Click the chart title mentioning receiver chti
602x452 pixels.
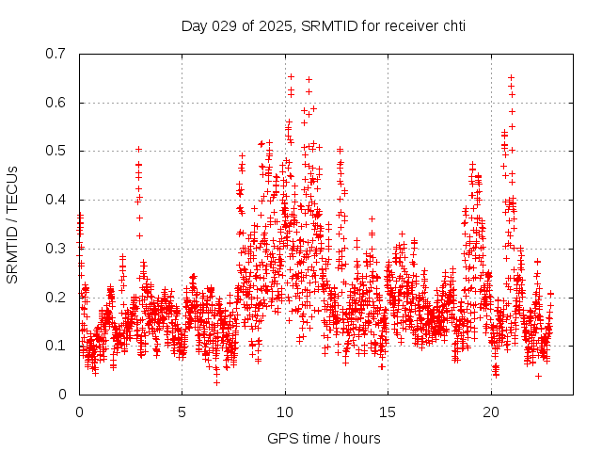pyautogui.click(x=324, y=25)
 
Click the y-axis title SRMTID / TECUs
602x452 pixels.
pyautogui.click(x=12, y=223)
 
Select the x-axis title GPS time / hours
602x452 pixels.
pyautogui.click(x=324, y=438)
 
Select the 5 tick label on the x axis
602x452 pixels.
pyautogui.click(x=182, y=412)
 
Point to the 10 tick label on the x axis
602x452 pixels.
pyautogui.click(x=285, y=412)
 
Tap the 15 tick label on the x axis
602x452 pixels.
pyautogui.click(x=388, y=412)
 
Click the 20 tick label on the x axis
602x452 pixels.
pyautogui.click(x=491, y=412)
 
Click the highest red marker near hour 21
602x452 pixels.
pyautogui.click(x=511, y=77)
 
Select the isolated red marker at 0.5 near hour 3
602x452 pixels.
pyautogui.click(x=138, y=149)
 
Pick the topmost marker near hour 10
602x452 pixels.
pyautogui.click(x=291, y=76)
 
